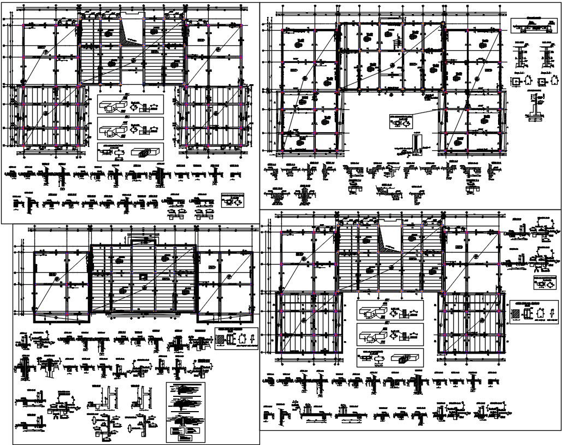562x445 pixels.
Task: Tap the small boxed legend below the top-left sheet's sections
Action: tap(232, 200)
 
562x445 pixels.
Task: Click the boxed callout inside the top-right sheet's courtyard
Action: tap(404, 121)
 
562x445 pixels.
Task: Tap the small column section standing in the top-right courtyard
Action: tap(416, 142)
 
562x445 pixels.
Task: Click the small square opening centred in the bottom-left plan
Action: tap(143, 276)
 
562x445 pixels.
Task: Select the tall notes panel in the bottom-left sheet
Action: tap(187, 412)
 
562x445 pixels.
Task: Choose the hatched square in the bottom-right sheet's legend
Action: tap(516, 315)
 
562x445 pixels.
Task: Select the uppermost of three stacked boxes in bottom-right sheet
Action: tap(390, 311)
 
